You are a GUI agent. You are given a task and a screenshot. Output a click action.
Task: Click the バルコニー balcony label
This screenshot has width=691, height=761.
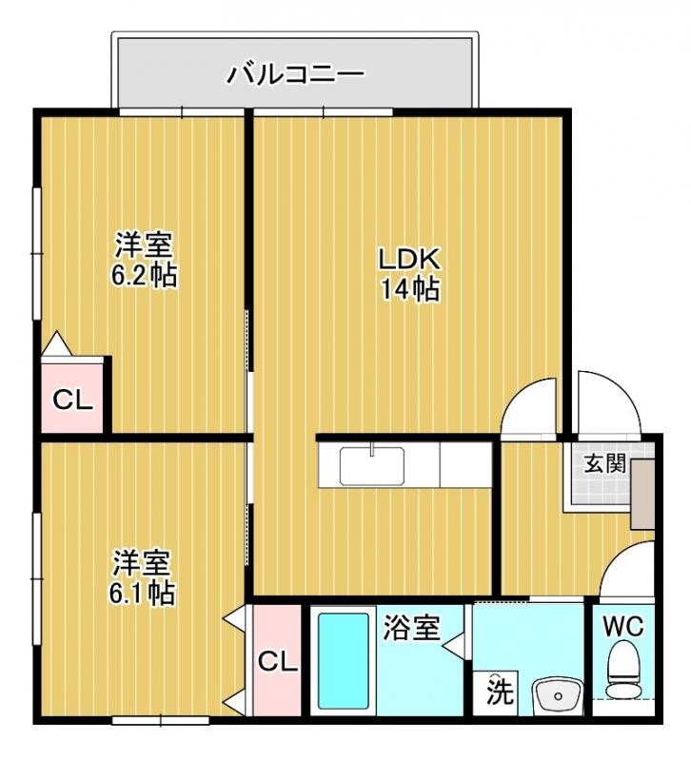295,73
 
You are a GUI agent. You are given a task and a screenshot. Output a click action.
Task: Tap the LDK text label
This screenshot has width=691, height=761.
409,259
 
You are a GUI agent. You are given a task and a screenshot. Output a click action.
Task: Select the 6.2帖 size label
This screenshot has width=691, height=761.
144,277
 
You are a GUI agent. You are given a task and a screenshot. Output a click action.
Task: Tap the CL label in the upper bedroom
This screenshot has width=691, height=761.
73,400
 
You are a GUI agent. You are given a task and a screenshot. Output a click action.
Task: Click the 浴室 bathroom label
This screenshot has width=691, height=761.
411,628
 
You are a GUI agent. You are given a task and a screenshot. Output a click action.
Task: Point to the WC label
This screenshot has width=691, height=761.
623,627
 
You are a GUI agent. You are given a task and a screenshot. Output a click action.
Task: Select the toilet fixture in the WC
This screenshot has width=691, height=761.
624,672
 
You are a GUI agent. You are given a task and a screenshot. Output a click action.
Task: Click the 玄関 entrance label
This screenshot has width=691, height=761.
604,464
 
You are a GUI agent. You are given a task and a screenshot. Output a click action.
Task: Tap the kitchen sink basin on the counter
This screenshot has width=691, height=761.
372,466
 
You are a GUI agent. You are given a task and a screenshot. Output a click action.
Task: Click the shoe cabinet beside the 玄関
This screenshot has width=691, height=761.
642,492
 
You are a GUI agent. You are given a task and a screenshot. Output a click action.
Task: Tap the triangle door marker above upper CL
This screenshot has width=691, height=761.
56,342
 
